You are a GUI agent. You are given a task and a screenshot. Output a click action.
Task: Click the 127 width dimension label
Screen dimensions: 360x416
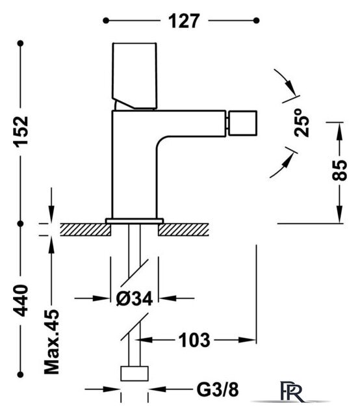184,21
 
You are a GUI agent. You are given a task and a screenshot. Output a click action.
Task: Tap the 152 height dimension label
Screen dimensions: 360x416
20,132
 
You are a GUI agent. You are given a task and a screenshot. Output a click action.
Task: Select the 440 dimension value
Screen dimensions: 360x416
20,300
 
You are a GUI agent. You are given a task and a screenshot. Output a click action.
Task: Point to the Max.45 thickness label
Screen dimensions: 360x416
51,342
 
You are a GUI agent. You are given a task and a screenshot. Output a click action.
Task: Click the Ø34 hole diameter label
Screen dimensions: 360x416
135,298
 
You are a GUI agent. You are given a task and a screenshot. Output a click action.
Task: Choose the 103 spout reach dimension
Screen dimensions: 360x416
194,340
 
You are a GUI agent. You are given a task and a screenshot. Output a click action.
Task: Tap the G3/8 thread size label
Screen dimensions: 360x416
218,389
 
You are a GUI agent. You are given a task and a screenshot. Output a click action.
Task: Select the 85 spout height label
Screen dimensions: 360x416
339,170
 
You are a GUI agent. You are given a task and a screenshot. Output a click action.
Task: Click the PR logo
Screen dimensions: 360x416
292,391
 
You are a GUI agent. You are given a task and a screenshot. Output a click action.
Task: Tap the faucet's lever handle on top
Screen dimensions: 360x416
135,76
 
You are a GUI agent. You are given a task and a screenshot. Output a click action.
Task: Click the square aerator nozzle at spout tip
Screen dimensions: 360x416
241,123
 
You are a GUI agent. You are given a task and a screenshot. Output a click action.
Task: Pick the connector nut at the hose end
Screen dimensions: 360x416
135,374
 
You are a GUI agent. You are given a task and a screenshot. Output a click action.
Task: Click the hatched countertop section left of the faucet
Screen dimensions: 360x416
85,229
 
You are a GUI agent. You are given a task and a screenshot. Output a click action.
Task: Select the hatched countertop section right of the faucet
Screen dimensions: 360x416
183,229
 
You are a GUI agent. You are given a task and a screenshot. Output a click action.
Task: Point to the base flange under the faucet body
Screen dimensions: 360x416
135,221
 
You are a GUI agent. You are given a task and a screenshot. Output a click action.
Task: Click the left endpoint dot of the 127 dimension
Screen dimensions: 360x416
106,21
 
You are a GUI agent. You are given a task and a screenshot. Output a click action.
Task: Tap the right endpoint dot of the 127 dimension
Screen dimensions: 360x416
256,20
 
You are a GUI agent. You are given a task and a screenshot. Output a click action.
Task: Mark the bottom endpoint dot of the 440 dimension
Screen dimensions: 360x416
20,374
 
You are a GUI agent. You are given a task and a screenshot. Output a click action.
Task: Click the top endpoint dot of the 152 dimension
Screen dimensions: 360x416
20,44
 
